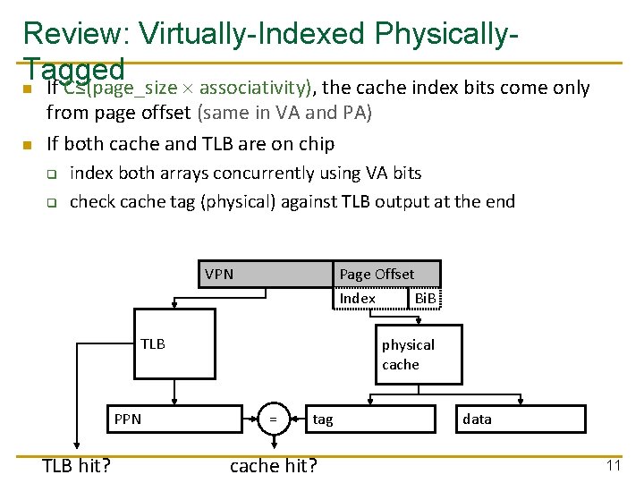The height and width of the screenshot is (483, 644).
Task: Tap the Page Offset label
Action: (377, 275)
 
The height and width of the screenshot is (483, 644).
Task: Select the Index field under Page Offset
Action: (358, 298)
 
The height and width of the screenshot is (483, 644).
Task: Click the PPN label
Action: (128, 419)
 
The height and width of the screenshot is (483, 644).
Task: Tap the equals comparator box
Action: (274, 419)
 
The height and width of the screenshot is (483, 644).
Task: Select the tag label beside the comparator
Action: (323, 419)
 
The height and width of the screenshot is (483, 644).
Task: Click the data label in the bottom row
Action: (477, 419)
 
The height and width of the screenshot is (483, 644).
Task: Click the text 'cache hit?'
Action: (275, 464)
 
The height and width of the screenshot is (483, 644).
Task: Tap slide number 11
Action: (614, 465)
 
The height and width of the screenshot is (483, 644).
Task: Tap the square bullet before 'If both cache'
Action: (28, 145)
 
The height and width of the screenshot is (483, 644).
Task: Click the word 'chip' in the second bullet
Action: (317, 144)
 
